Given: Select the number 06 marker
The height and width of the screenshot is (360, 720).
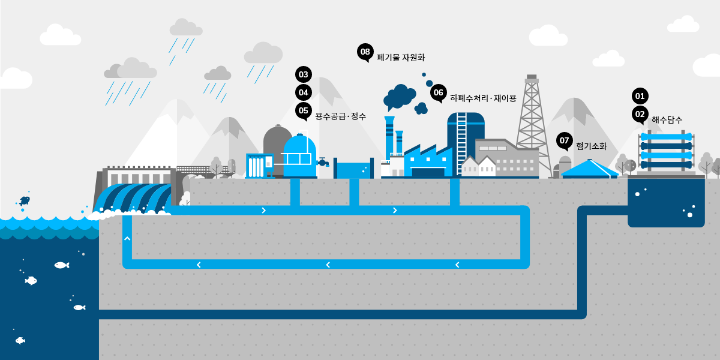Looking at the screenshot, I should click(438, 92).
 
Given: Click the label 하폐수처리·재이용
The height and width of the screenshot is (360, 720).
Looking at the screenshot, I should click(482, 98).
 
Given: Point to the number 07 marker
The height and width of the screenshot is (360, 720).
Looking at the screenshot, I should click(564, 141).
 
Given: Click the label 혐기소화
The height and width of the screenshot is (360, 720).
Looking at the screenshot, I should click(591, 146).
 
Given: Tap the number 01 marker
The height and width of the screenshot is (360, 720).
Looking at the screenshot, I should click(640, 96).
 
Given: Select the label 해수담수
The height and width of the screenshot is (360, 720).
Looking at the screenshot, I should click(667, 119).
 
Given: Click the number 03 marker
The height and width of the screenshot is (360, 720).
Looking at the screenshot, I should click(304, 75).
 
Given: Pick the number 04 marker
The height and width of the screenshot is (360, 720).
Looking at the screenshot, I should click(304, 92).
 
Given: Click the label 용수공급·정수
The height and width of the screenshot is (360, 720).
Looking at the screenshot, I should click(340, 116).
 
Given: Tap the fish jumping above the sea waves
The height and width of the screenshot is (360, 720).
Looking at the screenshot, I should click(24, 200).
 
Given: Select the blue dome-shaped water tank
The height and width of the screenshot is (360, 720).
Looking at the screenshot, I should click(299, 155).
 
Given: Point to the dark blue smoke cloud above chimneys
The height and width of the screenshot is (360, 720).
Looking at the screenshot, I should click(400, 96).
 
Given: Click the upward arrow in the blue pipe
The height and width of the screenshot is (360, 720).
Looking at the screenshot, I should click(127, 239).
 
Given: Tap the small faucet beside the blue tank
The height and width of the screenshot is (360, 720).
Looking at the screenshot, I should click(323, 162).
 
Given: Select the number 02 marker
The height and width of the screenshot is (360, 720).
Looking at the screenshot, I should click(640, 114).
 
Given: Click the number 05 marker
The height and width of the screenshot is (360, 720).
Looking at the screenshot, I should click(304, 110).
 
